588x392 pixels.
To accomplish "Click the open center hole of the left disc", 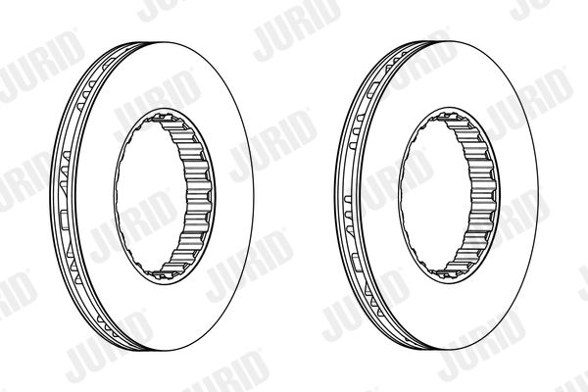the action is (x=150, y=195).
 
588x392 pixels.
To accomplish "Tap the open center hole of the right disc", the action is (x=435, y=195).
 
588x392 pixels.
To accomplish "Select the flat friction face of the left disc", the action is (x=232, y=195).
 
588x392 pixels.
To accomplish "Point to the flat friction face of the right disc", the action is (x=517, y=195).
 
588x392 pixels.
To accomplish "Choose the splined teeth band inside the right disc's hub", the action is (x=482, y=195).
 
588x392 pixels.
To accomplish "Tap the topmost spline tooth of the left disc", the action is (x=163, y=118).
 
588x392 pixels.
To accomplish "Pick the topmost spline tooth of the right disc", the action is (x=448, y=117).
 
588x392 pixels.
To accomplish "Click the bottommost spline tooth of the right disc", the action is (x=448, y=274).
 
